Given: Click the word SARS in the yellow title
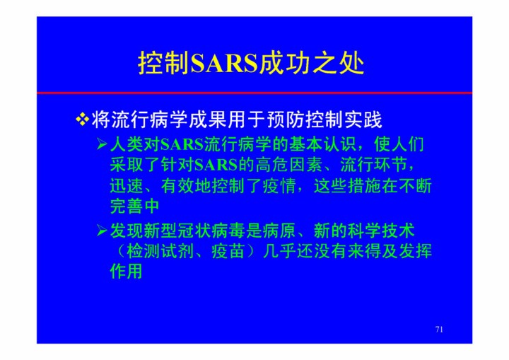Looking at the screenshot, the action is (x=224, y=63).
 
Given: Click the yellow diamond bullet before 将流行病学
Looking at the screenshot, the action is (x=83, y=120).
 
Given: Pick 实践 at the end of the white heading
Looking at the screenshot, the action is (x=363, y=120).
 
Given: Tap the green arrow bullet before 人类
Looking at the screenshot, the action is (x=102, y=144).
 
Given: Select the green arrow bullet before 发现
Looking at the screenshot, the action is (x=102, y=231).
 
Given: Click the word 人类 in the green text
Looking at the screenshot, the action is (x=127, y=144).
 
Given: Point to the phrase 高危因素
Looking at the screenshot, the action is (x=289, y=165).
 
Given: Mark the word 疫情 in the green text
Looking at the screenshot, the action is (x=279, y=186).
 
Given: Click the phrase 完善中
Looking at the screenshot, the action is (x=135, y=207).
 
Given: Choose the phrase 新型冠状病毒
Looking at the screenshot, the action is (x=186, y=231).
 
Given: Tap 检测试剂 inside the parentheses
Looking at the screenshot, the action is (x=160, y=252).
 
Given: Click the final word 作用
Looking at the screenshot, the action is (x=127, y=272).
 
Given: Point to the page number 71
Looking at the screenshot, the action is (x=439, y=330).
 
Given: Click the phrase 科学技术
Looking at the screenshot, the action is (x=381, y=231).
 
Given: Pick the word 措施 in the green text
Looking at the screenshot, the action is (x=364, y=186).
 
